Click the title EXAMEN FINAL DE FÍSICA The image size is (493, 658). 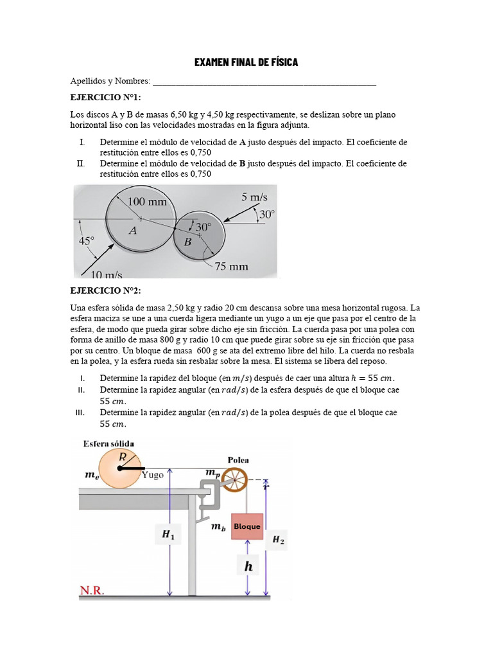246,62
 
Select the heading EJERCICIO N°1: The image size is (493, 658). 105,97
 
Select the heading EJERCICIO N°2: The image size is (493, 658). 105,290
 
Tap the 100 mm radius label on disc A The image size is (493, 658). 147,201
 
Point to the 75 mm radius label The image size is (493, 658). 231,266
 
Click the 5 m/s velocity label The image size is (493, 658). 254,197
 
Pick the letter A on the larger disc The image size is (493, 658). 133,231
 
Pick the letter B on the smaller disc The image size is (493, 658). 187,242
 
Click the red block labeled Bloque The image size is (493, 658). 246,526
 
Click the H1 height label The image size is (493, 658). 169,534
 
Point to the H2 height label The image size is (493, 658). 278,540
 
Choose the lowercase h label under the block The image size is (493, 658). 248,566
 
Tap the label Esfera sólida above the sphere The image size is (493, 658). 108,443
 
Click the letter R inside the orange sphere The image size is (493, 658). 123,456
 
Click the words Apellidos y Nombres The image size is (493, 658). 110,81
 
